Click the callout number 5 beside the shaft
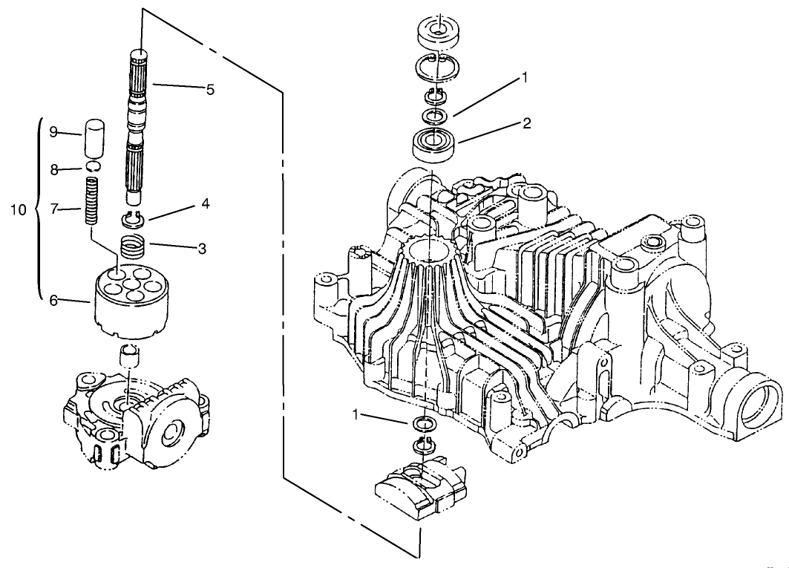point(210,90)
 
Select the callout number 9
point(53,131)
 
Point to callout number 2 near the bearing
point(526,123)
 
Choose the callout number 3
point(201,249)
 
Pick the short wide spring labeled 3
point(134,246)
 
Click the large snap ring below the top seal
point(438,68)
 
